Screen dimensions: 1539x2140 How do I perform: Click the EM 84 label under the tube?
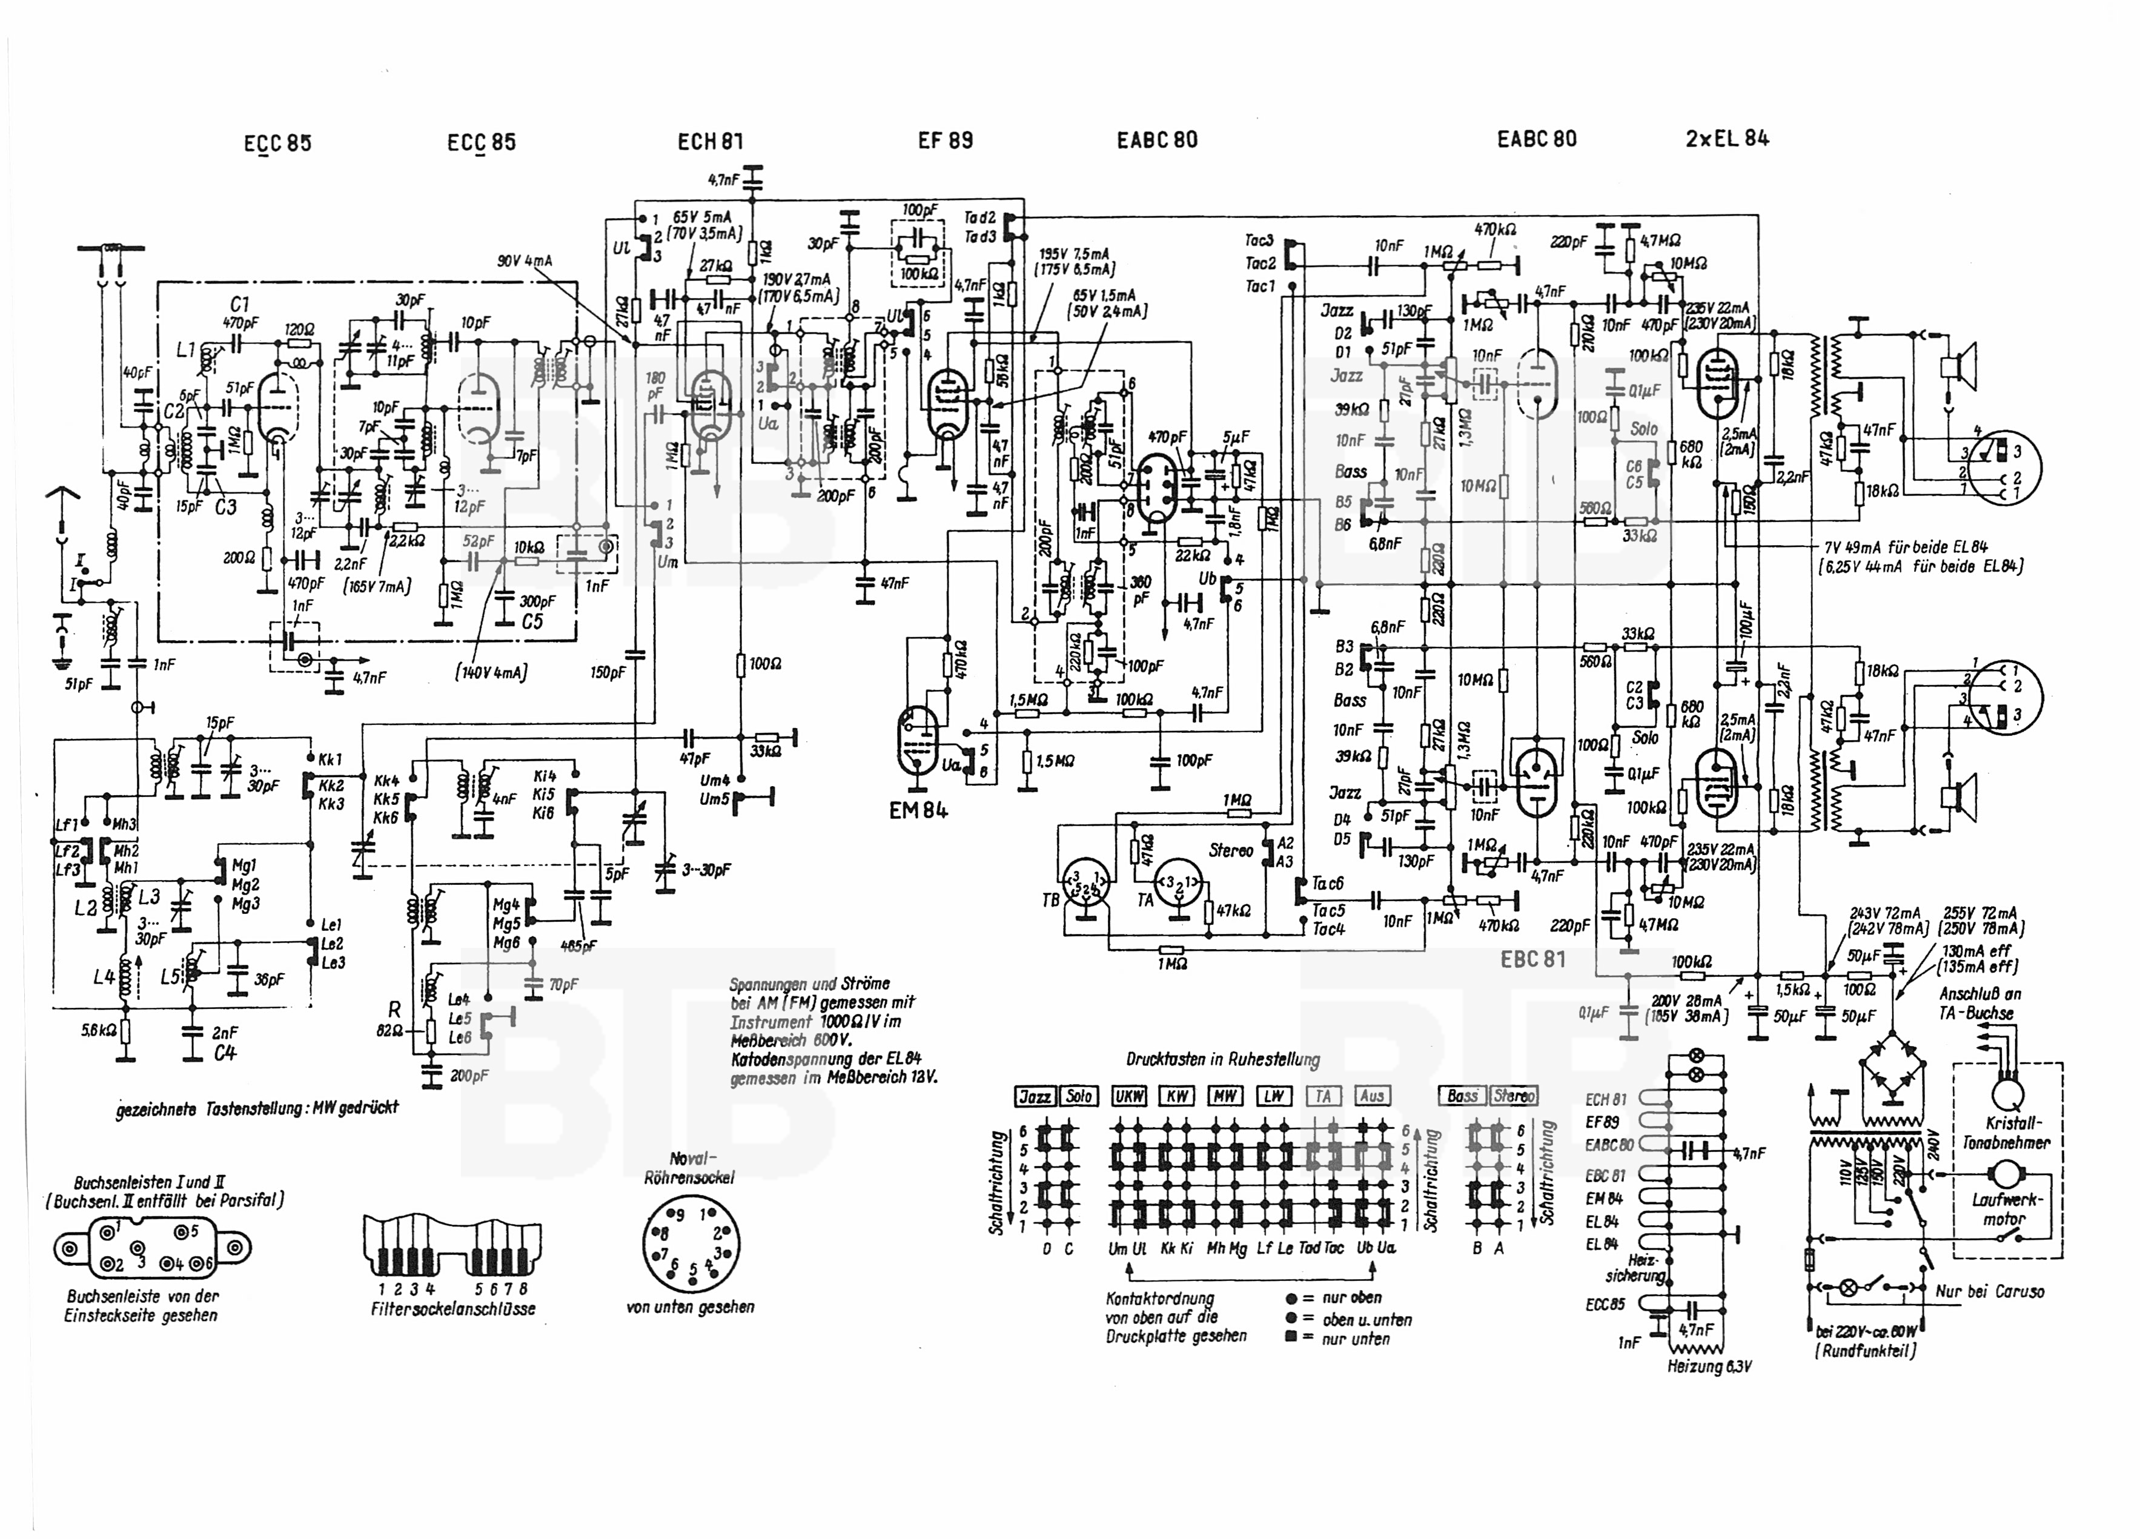[x=918, y=810]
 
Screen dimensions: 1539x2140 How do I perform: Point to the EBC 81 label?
[x=1532, y=959]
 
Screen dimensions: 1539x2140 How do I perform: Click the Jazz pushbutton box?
[x=1035, y=1096]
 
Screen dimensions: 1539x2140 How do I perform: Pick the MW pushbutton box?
[x=1225, y=1096]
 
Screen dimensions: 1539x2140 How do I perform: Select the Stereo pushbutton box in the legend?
[x=1514, y=1096]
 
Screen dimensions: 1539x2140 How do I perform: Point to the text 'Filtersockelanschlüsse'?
[x=453, y=1309]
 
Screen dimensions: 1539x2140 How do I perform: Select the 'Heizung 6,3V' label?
[x=1709, y=1365]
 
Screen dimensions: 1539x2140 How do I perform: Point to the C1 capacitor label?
[x=239, y=305]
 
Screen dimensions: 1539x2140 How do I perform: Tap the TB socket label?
[x=1050, y=900]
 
